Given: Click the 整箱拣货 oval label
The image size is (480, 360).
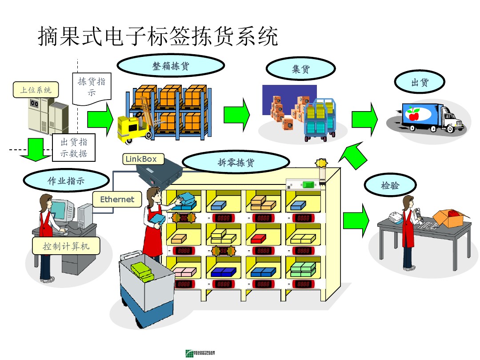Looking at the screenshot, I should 171,67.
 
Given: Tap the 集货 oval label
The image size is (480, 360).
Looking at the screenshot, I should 300,69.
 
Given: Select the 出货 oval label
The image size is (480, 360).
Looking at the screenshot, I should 420,83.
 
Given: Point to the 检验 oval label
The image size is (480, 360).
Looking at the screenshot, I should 390,186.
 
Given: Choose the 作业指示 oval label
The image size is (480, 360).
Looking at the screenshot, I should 66,181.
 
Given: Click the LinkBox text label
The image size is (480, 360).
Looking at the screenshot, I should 141,159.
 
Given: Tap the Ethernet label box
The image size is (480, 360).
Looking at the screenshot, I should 117,200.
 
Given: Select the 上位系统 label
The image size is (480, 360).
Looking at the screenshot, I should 36,90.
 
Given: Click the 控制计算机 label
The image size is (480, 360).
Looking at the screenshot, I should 66,246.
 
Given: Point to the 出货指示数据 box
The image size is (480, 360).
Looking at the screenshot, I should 74,148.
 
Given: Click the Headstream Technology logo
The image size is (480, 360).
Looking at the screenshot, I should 200,353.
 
